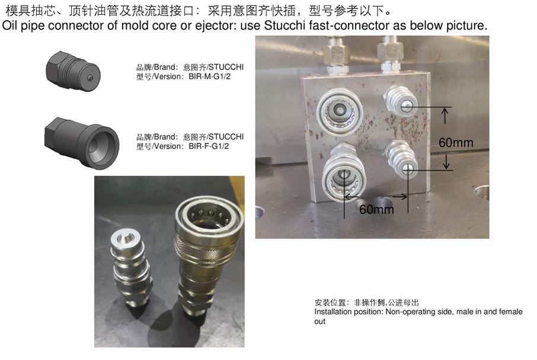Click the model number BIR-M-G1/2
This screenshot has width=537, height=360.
point(209,77)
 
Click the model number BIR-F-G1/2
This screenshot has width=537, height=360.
point(209,146)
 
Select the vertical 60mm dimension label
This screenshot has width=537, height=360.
point(456,142)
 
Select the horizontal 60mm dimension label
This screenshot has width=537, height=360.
point(376,209)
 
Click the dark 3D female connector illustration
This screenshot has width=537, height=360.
point(82,142)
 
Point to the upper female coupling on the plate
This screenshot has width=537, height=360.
point(340,111)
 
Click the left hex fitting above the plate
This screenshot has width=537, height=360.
point(337,55)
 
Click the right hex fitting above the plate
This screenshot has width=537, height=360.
point(390,54)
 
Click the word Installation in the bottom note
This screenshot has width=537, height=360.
point(331,312)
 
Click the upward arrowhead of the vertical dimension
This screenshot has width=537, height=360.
point(445,111)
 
